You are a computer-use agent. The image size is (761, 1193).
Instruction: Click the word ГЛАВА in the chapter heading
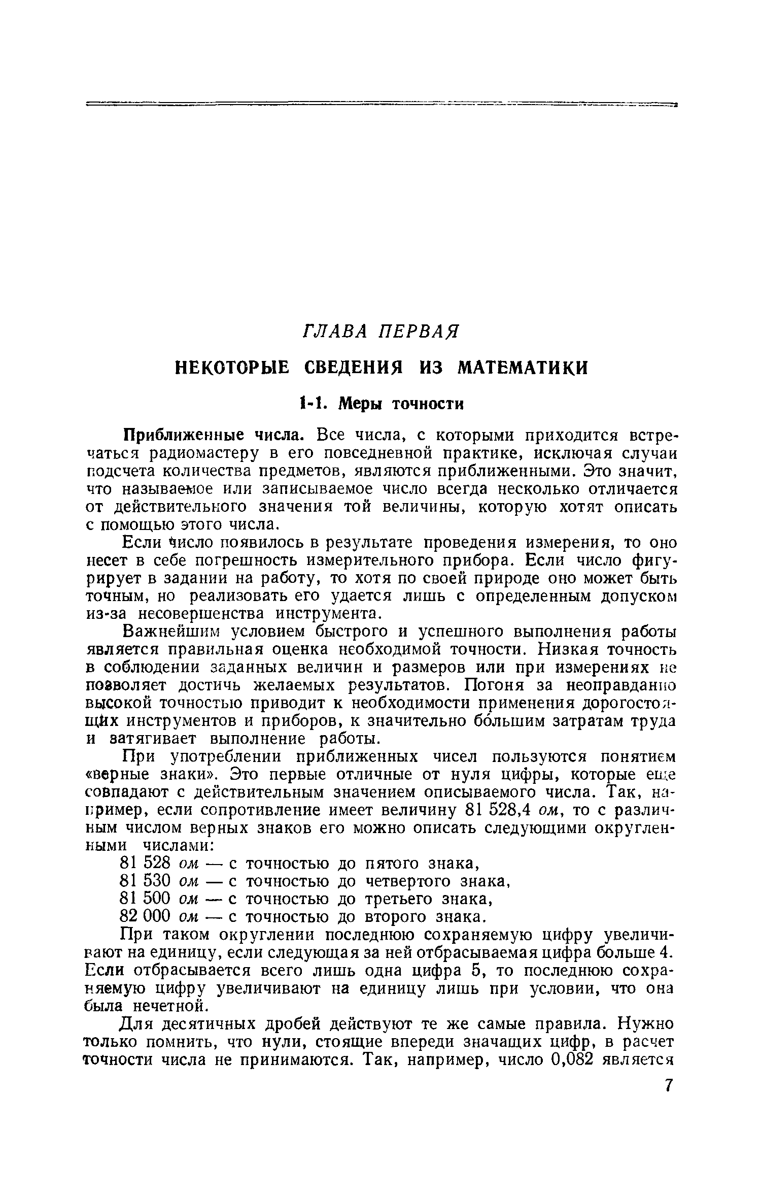336,332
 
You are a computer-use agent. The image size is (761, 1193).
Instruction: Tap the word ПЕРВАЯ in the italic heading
419,332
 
